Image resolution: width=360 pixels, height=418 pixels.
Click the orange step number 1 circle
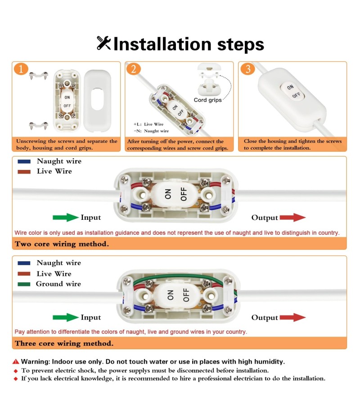(x=21, y=69)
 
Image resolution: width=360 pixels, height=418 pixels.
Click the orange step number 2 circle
(x=133, y=69)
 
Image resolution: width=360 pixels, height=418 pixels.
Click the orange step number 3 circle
(x=247, y=69)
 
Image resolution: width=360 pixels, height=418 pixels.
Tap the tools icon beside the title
(x=103, y=43)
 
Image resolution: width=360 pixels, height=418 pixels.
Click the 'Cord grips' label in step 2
(x=207, y=100)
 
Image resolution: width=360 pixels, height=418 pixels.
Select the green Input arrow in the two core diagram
(x=66, y=217)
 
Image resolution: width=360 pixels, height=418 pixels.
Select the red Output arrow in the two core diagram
(x=292, y=217)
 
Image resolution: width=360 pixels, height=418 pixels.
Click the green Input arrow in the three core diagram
(x=66, y=317)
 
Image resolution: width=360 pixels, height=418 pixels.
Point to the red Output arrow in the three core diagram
(x=292, y=317)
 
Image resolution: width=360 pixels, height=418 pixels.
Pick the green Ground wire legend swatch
(x=24, y=284)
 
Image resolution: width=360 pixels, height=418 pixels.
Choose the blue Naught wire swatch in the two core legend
(x=24, y=161)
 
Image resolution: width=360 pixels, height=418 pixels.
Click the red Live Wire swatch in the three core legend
(x=24, y=274)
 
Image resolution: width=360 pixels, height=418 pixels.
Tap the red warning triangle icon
(x=16, y=362)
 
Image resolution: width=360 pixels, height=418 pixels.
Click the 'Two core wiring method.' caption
(x=62, y=244)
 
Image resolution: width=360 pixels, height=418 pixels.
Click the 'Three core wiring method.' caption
(x=64, y=343)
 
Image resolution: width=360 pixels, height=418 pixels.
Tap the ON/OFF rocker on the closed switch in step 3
(x=292, y=91)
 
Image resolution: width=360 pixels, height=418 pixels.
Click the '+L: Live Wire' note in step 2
(x=148, y=124)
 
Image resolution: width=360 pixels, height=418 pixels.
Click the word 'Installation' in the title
(x=162, y=44)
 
